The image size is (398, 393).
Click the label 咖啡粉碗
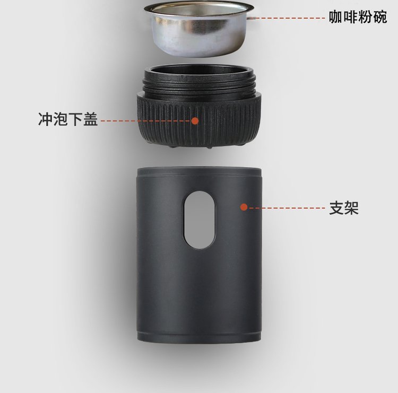[x=358, y=17]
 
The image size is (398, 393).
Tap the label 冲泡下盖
[x=68, y=119]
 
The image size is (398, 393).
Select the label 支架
[x=344, y=208]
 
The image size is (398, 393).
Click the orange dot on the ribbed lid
[x=195, y=121]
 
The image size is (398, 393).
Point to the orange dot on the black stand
[x=244, y=207]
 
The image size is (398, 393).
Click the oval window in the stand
[x=200, y=220]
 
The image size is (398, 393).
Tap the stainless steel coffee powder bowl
[x=199, y=29]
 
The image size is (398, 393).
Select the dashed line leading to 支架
[x=287, y=208]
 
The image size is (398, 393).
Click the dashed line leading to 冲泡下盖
[x=145, y=121]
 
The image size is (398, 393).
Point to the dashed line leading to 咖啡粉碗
[x=287, y=18]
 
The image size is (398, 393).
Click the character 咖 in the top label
[x=336, y=17]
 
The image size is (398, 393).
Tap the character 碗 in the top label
[x=380, y=17]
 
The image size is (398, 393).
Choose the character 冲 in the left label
[x=45, y=119]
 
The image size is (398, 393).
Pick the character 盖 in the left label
[x=91, y=119]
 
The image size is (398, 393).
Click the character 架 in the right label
[x=351, y=208]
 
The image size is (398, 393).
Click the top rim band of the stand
[x=199, y=171]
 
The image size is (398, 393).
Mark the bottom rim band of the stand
[x=199, y=336]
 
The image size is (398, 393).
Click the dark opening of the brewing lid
[x=199, y=71]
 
